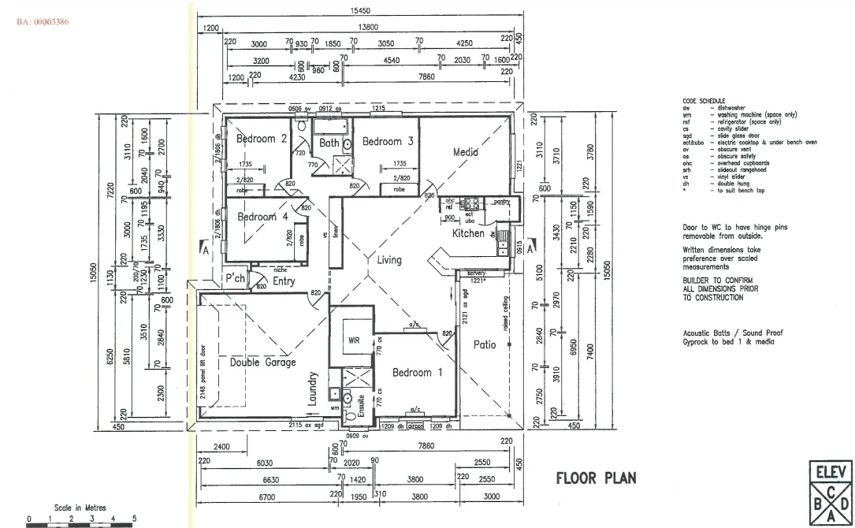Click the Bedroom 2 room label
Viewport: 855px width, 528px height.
coord(261,139)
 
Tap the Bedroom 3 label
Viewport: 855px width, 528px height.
coord(388,142)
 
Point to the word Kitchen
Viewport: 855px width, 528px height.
coord(467,233)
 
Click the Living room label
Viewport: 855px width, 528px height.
coord(389,260)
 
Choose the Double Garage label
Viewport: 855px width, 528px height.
coord(262,363)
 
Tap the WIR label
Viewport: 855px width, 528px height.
coord(354,341)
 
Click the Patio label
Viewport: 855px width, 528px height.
coord(485,344)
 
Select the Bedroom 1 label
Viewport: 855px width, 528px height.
coord(412,372)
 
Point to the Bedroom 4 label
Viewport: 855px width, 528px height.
coord(257,217)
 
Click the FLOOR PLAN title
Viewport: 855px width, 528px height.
coord(596,478)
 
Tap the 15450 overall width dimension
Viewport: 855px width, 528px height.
coord(359,10)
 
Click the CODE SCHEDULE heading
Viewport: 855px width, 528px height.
coord(704,102)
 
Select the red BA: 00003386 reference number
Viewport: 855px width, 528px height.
coord(42,21)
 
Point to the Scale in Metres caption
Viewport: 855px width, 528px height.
coord(80,508)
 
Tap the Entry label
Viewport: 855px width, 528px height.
coord(284,281)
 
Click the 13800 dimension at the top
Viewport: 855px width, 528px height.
coord(367,28)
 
